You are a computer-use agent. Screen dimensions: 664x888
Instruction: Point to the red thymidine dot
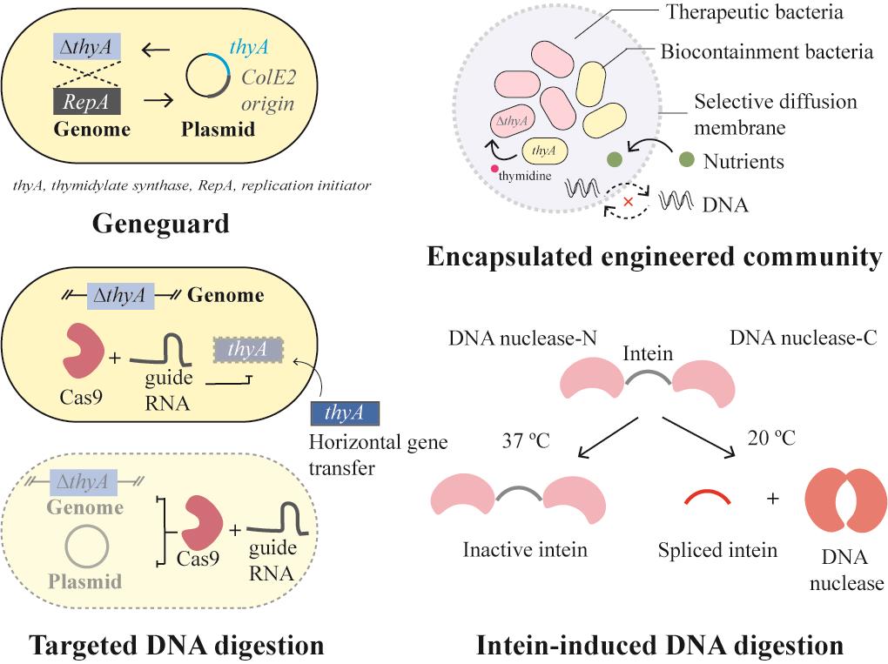click(494, 168)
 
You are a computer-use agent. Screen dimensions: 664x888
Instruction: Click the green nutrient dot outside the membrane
click(686, 159)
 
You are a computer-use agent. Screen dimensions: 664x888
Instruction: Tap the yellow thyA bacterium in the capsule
click(544, 151)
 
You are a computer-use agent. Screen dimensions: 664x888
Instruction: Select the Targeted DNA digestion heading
click(177, 645)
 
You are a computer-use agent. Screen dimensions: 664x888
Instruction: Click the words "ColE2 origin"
click(266, 91)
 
